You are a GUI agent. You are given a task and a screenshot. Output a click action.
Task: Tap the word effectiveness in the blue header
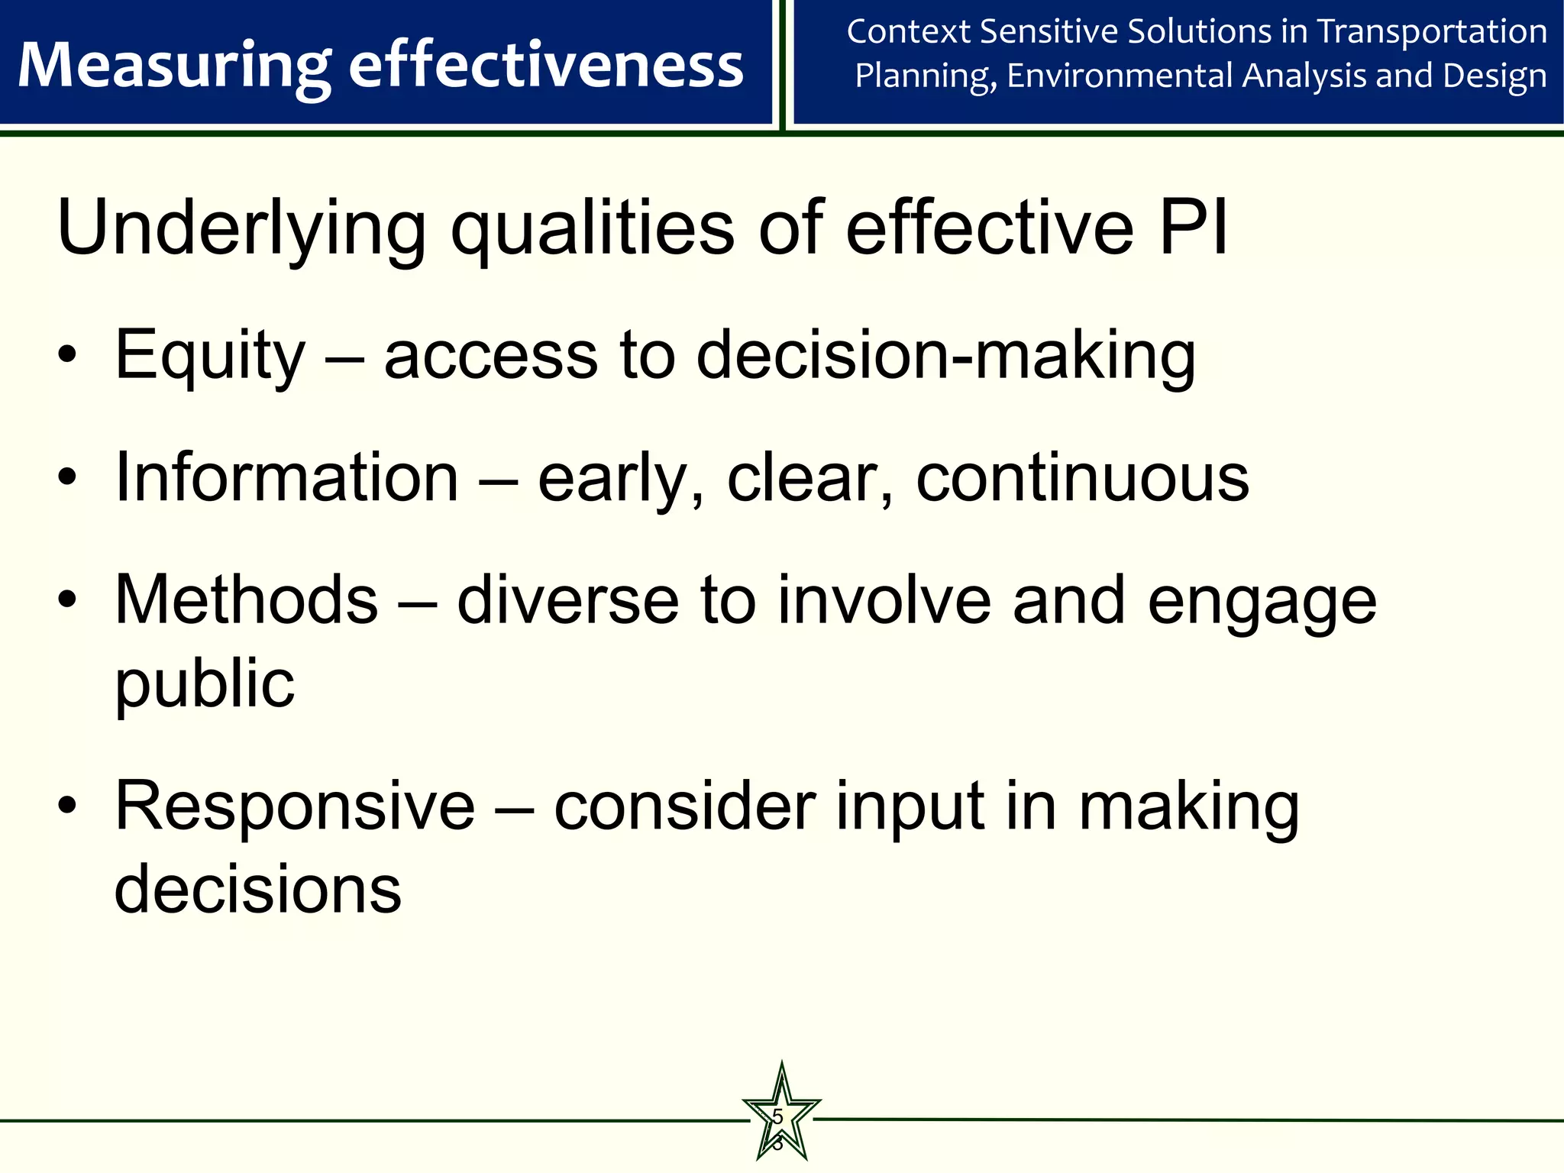pos(545,66)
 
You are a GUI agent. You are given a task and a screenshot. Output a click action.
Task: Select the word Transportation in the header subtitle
pos(1432,32)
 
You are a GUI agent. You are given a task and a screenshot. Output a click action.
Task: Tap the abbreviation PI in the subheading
pos(1193,228)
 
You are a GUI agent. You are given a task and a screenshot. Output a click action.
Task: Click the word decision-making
pos(945,356)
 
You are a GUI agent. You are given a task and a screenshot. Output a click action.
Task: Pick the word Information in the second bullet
pos(286,478)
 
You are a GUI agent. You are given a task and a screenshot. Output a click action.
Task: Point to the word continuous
pos(1082,478)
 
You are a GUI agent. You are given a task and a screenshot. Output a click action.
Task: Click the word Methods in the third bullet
pos(246,600)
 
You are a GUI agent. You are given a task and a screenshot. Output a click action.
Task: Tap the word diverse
pos(567,600)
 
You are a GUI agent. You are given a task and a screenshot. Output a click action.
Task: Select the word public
pos(204,683)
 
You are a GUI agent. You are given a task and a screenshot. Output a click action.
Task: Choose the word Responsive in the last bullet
pos(295,806)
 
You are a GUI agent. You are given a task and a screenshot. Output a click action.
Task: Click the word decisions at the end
pos(257,890)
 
